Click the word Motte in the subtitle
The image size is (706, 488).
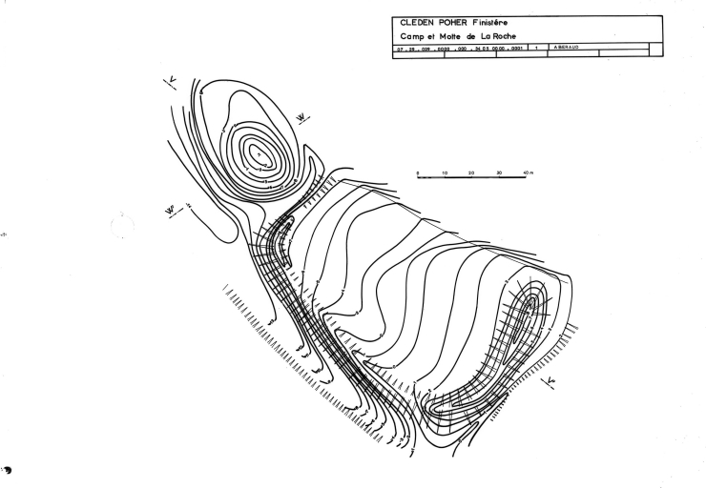point(452,35)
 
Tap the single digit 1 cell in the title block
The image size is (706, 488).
point(539,47)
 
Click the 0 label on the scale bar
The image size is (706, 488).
point(419,173)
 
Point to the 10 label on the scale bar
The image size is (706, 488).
point(446,173)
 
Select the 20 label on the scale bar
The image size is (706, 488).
point(472,173)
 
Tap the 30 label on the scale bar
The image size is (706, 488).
point(499,173)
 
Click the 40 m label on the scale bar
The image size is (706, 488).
point(528,173)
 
